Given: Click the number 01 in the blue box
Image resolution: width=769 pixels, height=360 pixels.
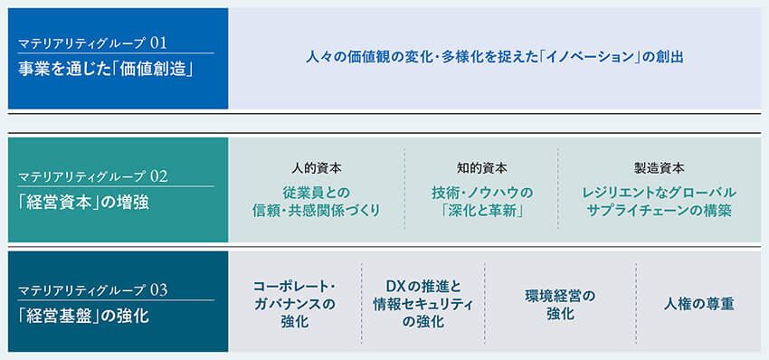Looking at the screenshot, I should click(159, 43).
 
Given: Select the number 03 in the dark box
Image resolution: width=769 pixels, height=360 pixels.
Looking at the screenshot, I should click(160, 290).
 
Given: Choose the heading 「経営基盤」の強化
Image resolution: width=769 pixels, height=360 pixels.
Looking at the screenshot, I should click(83, 317).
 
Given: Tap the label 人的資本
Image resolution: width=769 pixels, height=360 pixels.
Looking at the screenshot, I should click(317, 168).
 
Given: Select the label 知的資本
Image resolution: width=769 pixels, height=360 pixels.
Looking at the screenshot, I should click(481, 168).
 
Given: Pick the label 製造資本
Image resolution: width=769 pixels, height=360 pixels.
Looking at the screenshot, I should click(659, 168).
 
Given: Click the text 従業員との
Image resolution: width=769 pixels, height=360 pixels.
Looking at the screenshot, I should click(317, 192).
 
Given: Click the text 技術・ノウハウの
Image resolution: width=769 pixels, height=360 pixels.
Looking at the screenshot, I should click(481, 192).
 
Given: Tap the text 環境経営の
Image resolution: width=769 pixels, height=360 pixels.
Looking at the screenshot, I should click(560, 295).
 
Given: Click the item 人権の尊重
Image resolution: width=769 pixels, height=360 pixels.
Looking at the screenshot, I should click(698, 304).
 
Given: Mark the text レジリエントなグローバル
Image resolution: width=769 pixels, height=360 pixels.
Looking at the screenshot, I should click(659, 192).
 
